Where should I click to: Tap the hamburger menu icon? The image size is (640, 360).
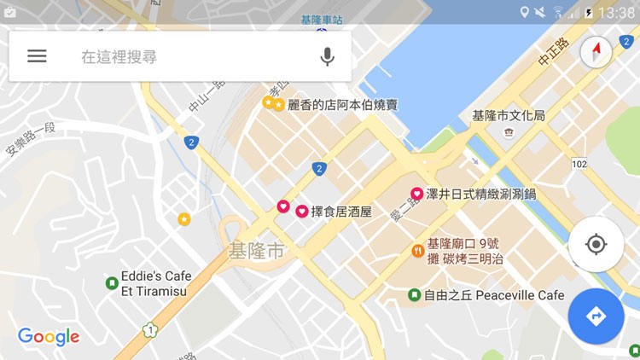coord(37,56)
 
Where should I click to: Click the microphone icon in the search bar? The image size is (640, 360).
coord(327,57)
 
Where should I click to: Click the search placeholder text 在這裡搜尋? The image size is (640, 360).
coord(119,57)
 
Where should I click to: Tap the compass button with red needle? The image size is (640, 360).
coord(596,53)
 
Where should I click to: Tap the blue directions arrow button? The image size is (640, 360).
coord(596,316)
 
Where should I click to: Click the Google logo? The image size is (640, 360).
coord(49,336)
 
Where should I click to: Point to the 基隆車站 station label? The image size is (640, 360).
coord(322,19)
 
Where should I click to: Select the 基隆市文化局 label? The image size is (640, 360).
coord(509,115)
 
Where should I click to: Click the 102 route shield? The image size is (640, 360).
coord(579,163)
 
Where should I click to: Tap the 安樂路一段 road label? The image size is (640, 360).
coord(31,139)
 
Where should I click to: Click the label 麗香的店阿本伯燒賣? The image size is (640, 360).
coord(343,105)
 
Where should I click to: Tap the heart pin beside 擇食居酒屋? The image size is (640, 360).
coord(302,211)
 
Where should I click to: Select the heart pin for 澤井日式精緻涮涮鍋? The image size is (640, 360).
coord(417,194)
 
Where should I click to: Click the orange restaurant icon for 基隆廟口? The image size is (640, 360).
coord(417,250)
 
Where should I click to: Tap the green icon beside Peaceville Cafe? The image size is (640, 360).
coord(414,295)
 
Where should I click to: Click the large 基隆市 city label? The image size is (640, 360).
coord(256,251)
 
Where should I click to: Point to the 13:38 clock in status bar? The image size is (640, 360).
coord(617,13)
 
